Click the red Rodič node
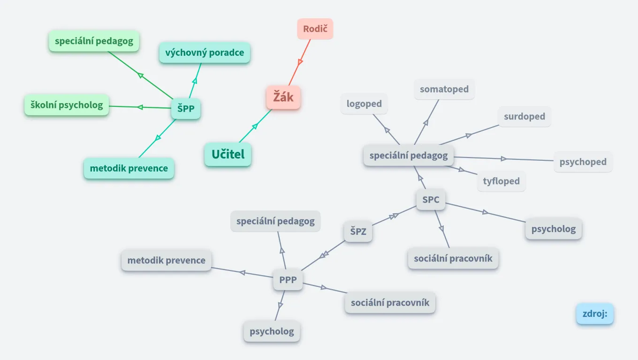[x=315, y=29]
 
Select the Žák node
[x=283, y=98]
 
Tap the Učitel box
[x=228, y=154]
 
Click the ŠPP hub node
[x=186, y=109]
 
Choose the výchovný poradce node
[x=205, y=52]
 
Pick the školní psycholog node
[x=67, y=105]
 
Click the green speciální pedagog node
[x=94, y=41]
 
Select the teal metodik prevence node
[x=129, y=168]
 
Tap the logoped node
[x=364, y=104]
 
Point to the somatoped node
[x=444, y=89]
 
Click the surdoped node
[x=524, y=116]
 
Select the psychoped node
[x=583, y=162]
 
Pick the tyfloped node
[x=501, y=181]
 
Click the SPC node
[x=431, y=200]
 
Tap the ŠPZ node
[x=358, y=232]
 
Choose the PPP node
[x=288, y=280]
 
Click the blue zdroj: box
[x=595, y=314]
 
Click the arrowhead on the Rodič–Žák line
[x=301, y=62]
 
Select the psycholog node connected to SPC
[x=554, y=229]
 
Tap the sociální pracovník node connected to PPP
[x=390, y=302]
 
